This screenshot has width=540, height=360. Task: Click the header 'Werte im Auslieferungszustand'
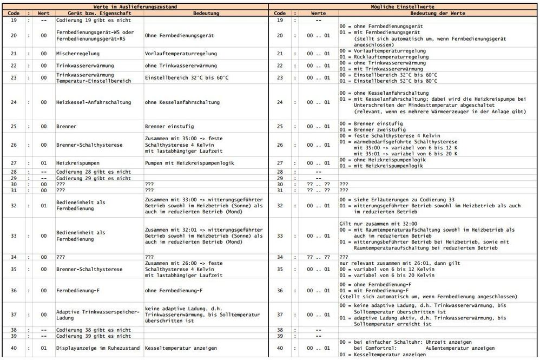coord(135,4)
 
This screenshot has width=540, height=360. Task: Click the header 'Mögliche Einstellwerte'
coord(404,4)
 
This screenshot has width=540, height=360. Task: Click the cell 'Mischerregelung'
coord(76,54)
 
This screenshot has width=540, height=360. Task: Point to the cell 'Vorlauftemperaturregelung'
coord(181,54)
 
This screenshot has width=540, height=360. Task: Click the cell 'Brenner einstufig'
coord(168,127)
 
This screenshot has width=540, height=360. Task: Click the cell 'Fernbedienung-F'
coord(78,291)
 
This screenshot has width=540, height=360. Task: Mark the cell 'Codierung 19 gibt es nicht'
coord(93,19)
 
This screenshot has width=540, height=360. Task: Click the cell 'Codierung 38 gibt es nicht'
coord(93,329)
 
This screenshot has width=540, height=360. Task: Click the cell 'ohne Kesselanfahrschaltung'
coord(182,102)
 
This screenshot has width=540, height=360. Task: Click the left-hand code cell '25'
coord(13,127)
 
